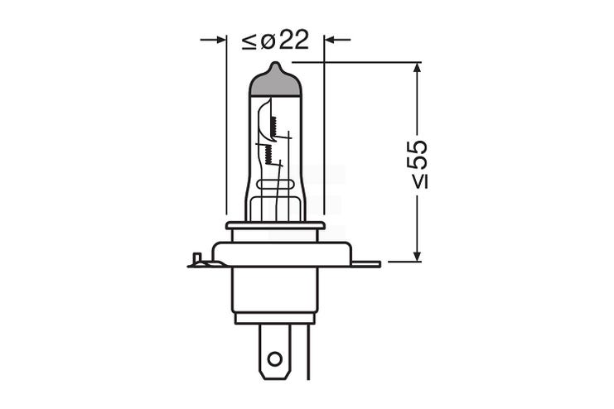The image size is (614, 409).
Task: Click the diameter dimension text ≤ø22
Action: pyautogui.click(x=275, y=40)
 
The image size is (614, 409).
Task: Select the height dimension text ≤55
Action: pyautogui.click(x=418, y=163)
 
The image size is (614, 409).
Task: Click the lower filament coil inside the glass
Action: pyautogui.click(x=268, y=152)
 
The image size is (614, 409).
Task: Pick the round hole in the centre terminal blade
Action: pyautogui.click(x=275, y=359)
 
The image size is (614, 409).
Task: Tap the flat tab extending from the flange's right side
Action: pyautogui.click(x=365, y=264)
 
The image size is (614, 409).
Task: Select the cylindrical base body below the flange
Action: pyautogui.click(x=275, y=289)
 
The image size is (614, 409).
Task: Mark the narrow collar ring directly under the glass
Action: pyautogui.click(x=275, y=225)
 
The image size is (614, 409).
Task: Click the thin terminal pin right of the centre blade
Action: pyautogui.click(x=309, y=348)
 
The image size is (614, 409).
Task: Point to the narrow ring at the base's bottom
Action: pyautogui.click(x=275, y=318)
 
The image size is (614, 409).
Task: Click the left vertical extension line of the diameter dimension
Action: pyautogui.click(x=226, y=124)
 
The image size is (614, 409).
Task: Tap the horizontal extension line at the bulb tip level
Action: pyautogui.click(x=356, y=62)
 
